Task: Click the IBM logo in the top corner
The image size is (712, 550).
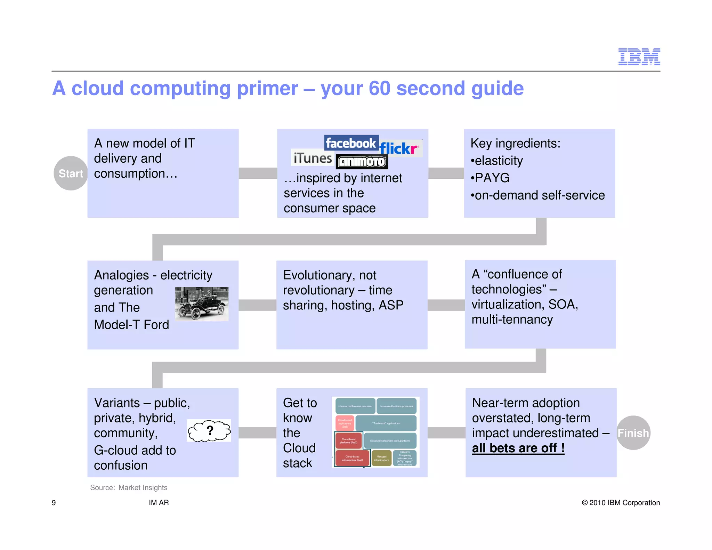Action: click(639, 57)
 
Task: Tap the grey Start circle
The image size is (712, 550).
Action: click(71, 173)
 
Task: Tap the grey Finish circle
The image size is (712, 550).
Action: click(633, 433)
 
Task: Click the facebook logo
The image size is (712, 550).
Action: click(351, 143)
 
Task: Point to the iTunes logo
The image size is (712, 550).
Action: click(312, 158)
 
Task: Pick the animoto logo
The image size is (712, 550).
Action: click(362, 162)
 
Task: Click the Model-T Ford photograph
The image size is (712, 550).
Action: click(201, 304)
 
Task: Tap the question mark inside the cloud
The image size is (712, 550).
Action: click(210, 430)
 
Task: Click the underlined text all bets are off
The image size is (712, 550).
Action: click(518, 448)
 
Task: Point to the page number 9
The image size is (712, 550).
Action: click(54, 503)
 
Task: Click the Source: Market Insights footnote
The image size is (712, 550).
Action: click(129, 487)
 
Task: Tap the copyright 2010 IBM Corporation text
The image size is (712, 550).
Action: click(621, 503)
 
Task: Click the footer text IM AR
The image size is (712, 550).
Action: click(159, 503)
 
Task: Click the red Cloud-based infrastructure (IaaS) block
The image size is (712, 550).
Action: click(352, 458)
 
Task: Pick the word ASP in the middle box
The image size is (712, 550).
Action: click(391, 305)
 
